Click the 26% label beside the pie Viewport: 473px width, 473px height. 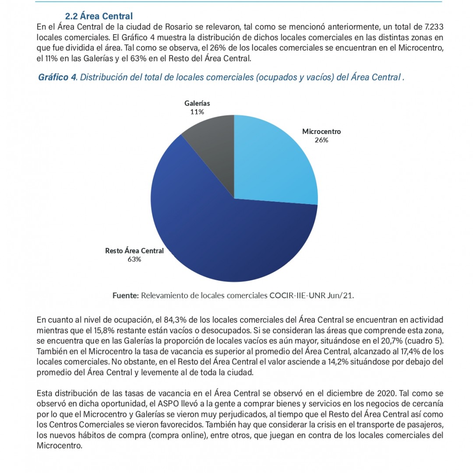click(321, 140)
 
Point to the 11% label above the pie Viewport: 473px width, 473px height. click(197, 112)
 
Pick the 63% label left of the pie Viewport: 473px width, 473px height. click(134, 259)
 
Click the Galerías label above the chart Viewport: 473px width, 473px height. click(197, 103)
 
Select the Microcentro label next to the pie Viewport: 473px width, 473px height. click(321, 131)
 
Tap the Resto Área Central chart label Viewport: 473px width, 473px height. click(134, 251)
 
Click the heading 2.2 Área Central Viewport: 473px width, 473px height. click(99, 16)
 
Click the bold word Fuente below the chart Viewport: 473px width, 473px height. click(125, 296)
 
